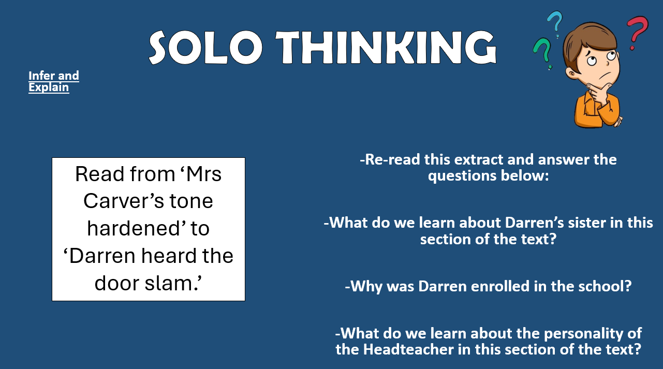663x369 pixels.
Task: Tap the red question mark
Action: coord(637,33)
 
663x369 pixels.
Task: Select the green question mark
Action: coord(542,53)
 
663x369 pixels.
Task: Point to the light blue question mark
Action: coord(555,24)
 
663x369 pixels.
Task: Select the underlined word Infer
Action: coord(41,76)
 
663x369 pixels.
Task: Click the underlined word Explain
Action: coord(49,87)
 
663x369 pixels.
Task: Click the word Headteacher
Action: coord(408,349)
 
